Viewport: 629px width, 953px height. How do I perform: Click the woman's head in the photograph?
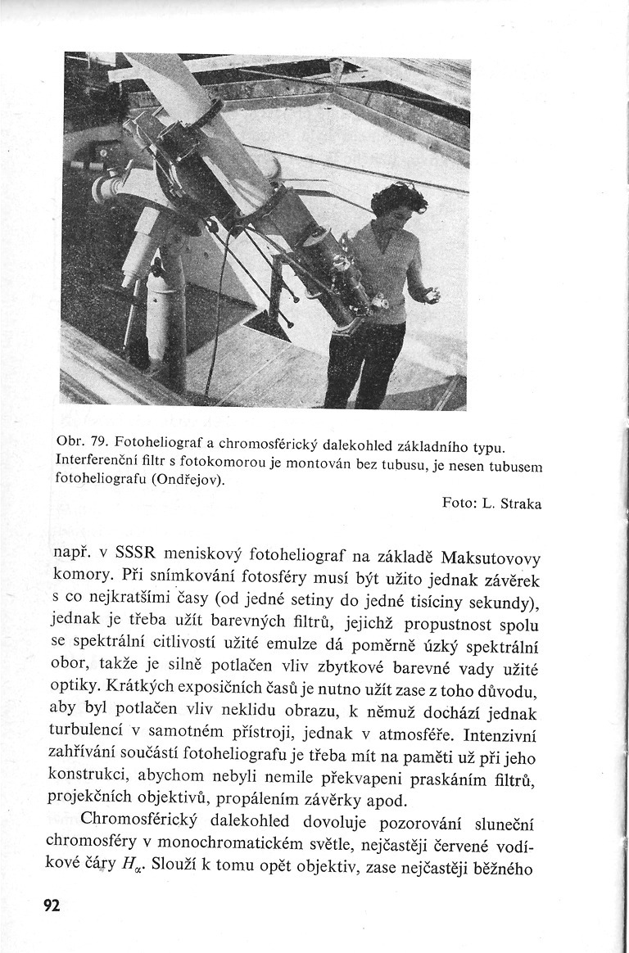click(x=398, y=201)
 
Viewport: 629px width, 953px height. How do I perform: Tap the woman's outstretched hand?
click(x=428, y=293)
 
